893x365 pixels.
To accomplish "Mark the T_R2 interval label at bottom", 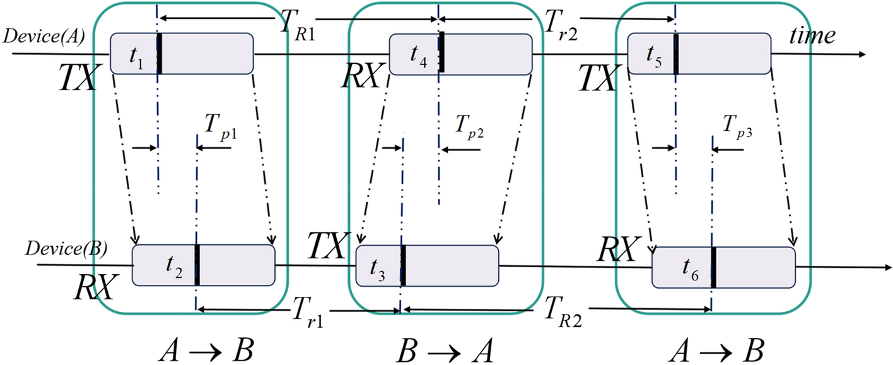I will coord(564,313).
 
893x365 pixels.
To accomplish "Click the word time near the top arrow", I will coord(812,36).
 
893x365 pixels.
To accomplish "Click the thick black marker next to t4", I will coord(443,52).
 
